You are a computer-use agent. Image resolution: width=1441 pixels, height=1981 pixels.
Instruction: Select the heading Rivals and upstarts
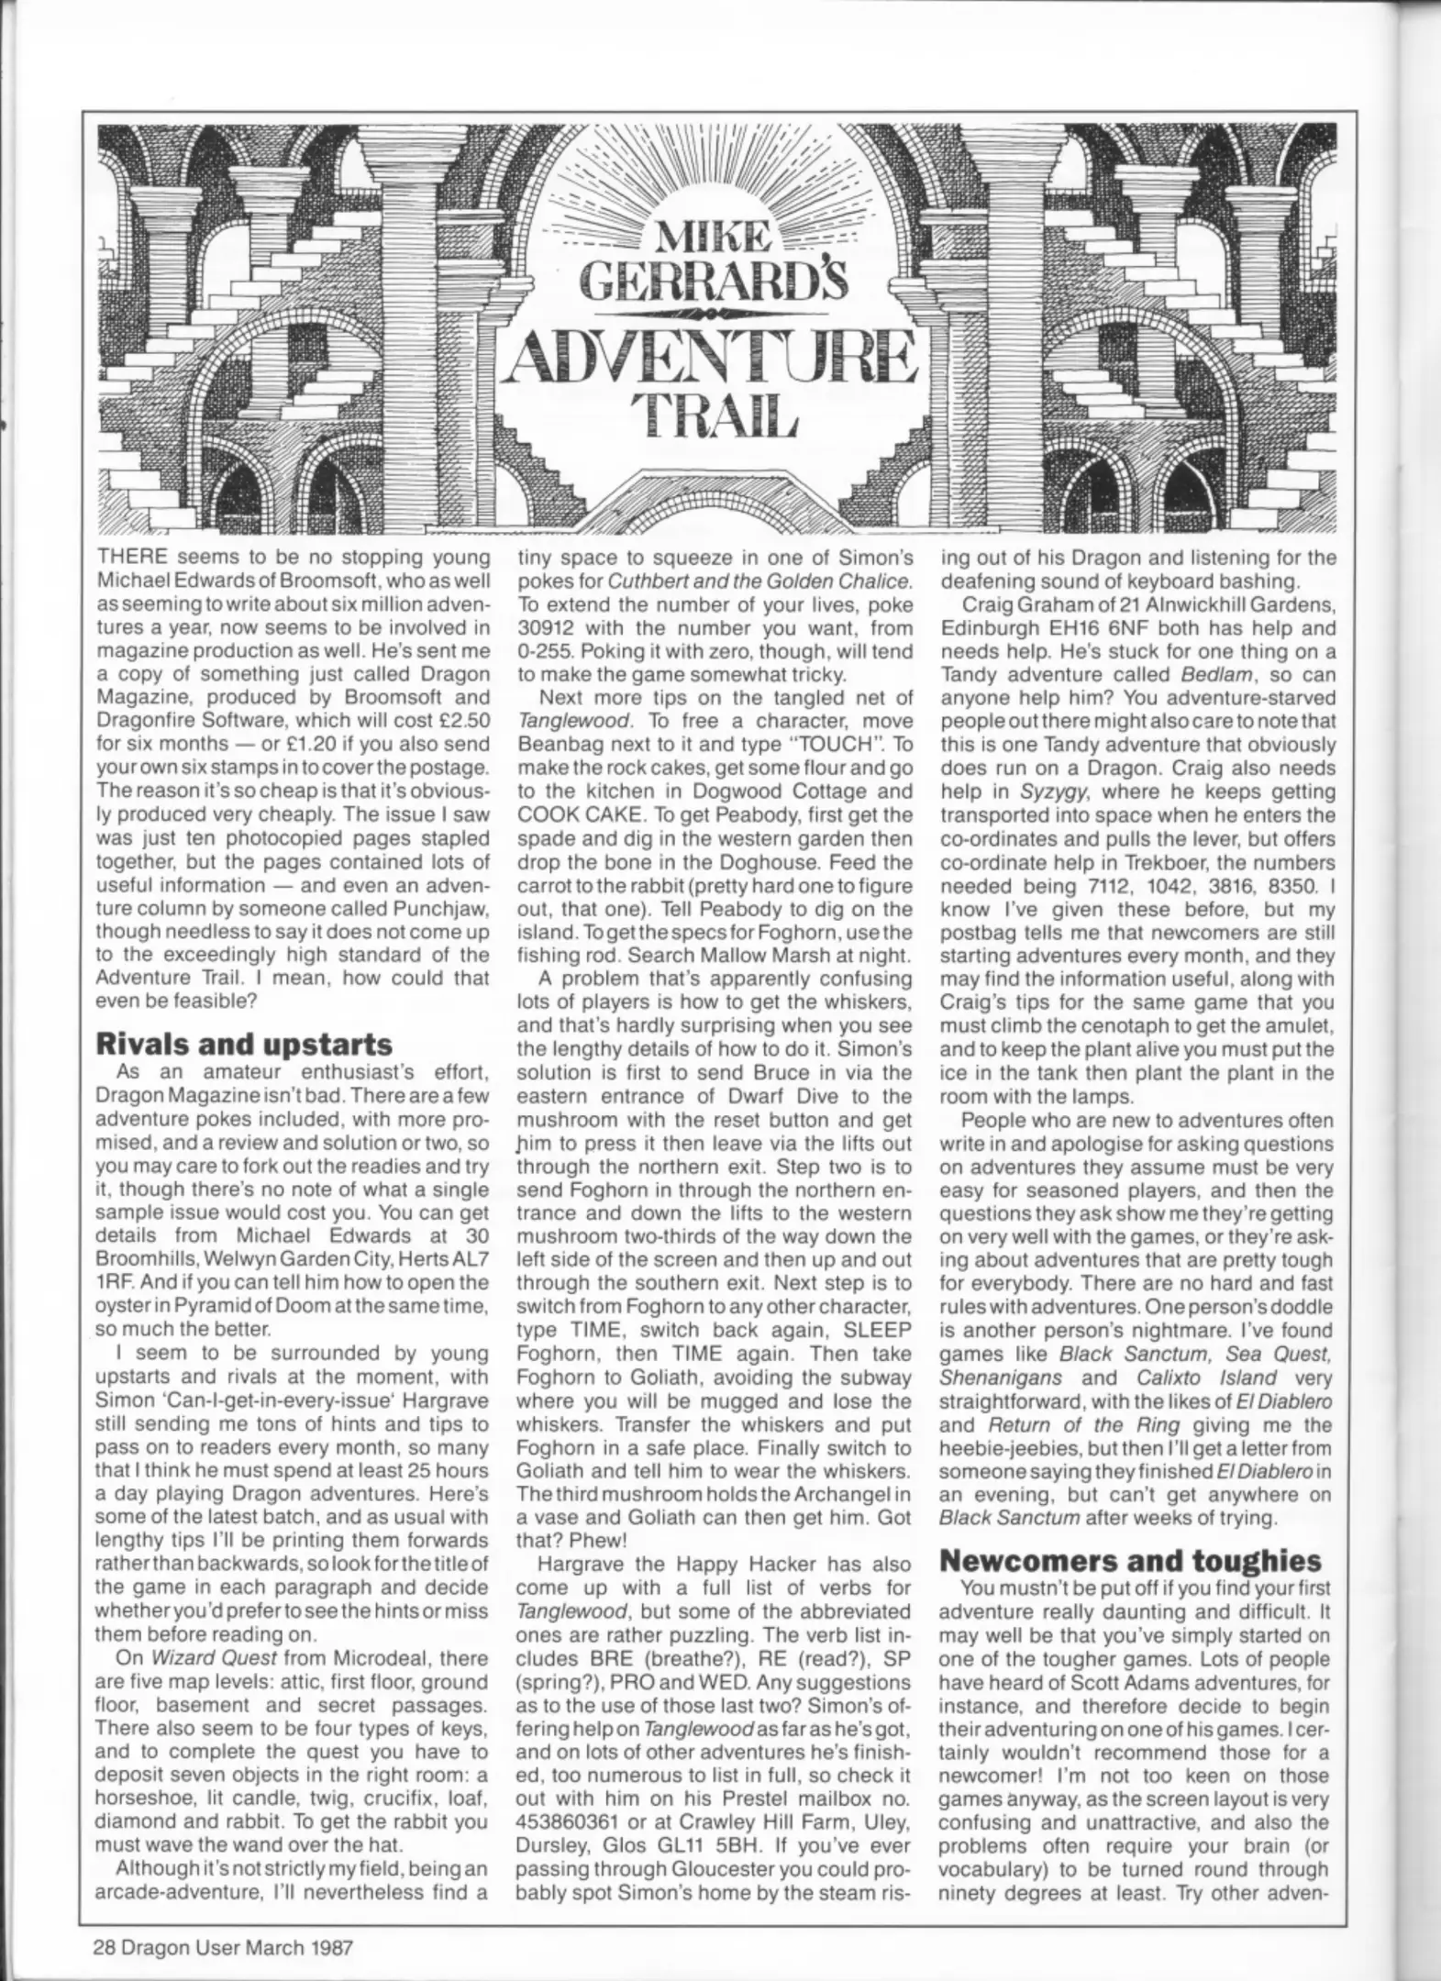(x=244, y=1044)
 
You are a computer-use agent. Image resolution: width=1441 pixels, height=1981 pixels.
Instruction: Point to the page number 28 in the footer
(x=108, y=1941)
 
